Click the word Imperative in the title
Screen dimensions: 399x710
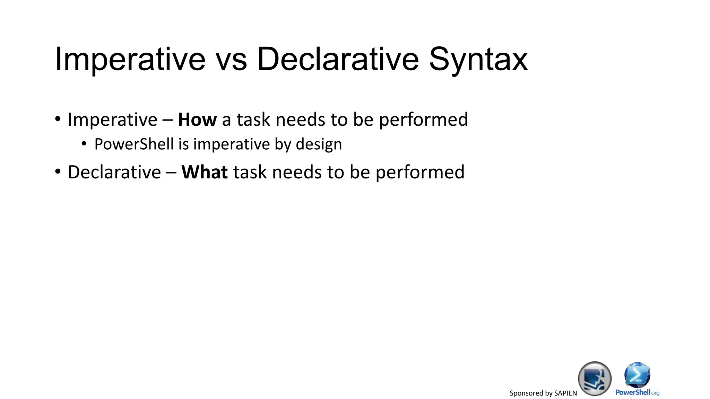(x=130, y=60)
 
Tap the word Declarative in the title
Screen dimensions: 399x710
(x=338, y=60)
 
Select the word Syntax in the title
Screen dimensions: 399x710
(x=478, y=60)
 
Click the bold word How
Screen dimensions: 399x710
(x=197, y=120)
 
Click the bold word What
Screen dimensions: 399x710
(x=205, y=172)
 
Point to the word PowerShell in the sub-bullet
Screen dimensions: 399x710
(x=134, y=144)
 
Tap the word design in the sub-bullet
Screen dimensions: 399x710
(x=319, y=144)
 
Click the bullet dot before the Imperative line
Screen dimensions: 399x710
(x=58, y=119)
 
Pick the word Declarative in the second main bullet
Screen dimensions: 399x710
(x=114, y=172)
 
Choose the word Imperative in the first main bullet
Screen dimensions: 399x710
(x=113, y=120)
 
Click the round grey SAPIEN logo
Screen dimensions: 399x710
(x=595, y=379)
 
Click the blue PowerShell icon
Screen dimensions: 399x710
(x=637, y=375)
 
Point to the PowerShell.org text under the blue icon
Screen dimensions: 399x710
(x=637, y=392)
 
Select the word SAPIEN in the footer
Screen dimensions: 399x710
(x=565, y=393)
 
